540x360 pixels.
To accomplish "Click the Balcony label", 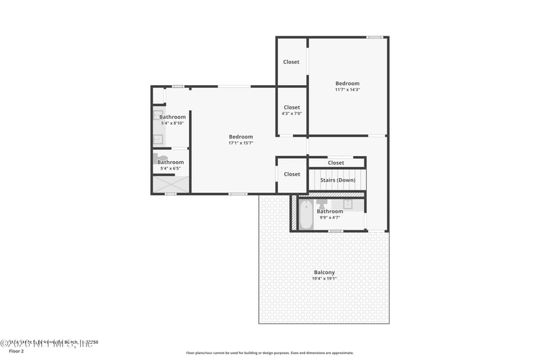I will coord(324,272).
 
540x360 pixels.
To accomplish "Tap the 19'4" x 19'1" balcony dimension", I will coord(324,278).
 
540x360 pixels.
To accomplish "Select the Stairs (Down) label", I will coord(337,180).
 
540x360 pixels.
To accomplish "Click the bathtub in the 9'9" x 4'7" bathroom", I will coord(306,214).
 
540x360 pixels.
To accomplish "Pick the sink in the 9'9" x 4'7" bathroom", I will coord(348,203).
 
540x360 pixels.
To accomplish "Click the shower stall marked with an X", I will coord(169,184).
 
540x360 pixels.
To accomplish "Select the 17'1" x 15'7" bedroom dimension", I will coord(240,143).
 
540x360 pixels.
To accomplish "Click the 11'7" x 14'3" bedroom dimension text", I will coord(348,89).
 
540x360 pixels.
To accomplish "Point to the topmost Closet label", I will coord(291,62).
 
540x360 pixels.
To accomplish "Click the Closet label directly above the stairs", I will coord(335,163).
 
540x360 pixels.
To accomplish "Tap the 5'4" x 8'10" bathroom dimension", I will coord(173,123).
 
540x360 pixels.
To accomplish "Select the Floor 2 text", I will coord(16,351).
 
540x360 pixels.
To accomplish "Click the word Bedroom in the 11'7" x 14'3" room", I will coord(348,83).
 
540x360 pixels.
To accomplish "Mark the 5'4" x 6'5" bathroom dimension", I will coord(171,168).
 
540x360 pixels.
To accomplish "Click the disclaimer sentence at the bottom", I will coord(269,353).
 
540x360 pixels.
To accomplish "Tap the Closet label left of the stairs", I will coord(292,174).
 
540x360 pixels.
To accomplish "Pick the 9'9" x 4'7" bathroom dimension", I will coord(330,217).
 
